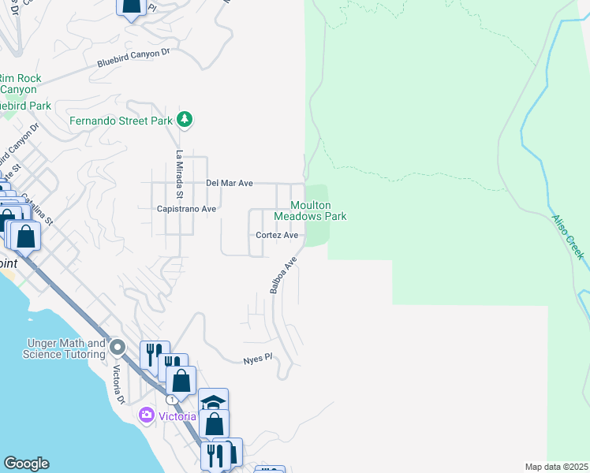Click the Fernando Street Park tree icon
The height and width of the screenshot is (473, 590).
185,120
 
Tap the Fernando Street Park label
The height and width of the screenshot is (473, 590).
120,121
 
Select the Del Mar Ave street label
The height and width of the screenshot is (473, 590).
229,183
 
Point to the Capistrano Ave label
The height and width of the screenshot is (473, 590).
187,209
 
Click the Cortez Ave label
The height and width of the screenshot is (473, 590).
277,235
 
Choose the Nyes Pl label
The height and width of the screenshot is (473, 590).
257,359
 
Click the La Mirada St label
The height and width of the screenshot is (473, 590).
179,174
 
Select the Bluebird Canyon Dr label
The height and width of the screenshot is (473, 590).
133,58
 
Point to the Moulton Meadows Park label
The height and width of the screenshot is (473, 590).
310,210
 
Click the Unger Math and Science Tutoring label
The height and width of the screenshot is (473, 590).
66,348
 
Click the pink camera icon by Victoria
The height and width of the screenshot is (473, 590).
146,415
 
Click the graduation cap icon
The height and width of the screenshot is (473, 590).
213,401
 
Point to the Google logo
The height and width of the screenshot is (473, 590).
26,464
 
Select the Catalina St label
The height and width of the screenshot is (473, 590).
36,209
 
